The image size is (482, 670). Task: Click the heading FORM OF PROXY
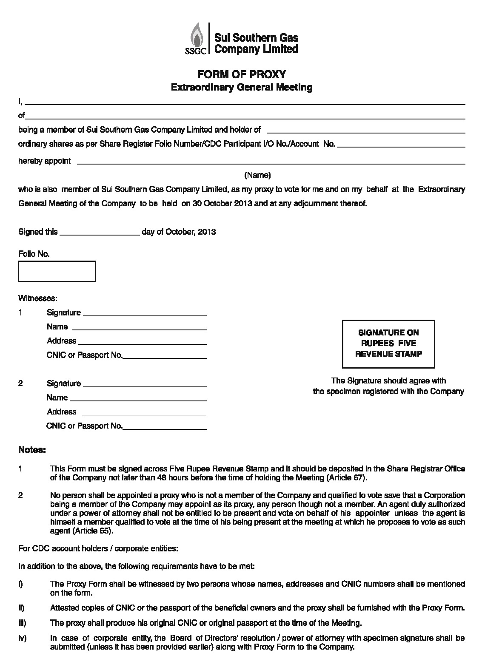pyautogui.click(x=241, y=74)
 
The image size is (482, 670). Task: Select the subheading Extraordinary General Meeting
pyautogui.click(x=241, y=88)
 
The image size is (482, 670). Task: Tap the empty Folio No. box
pyautogui.click(x=57, y=272)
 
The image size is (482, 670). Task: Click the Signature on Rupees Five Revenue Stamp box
pyautogui.click(x=388, y=344)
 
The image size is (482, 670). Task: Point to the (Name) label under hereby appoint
pyautogui.click(x=257, y=175)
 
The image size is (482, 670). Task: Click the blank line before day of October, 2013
pyautogui.click(x=100, y=233)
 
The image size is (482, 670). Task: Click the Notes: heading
pyautogui.click(x=32, y=450)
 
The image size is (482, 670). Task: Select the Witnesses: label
pyautogui.click(x=37, y=298)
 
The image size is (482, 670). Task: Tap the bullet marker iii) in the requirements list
pyautogui.click(x=22, y=623)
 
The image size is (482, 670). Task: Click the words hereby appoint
pyautogui.click(x=44, y=161)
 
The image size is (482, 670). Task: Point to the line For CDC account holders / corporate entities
pyautogui.click(x=98, y=548)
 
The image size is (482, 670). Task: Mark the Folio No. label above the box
pyautogui.click(x=34, y=254)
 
